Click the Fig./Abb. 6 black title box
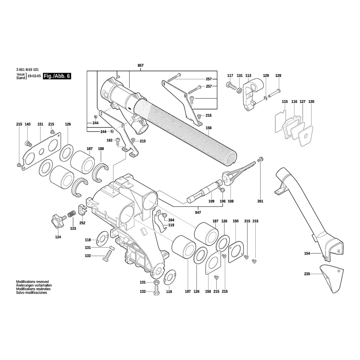(57, 76)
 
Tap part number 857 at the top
(141, 65)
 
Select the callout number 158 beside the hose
(208, 128)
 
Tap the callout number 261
(260, 201)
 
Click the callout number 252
(82, 223)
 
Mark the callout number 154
(307, 253)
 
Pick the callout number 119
(171, 225)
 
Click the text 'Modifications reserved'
(32, 282)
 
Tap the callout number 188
(101, 148)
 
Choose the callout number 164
(171, 220)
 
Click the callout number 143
(28, 124)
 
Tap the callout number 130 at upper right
(311, 102)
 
